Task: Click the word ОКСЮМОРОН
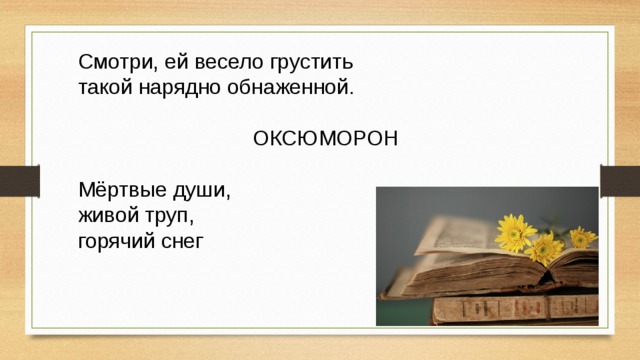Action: point(326,138)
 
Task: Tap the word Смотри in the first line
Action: point(112,61)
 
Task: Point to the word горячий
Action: point(117,240)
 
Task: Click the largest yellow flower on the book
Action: point(516,233)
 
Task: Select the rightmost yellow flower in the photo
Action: point(582,237)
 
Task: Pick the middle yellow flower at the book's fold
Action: point(547,245)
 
